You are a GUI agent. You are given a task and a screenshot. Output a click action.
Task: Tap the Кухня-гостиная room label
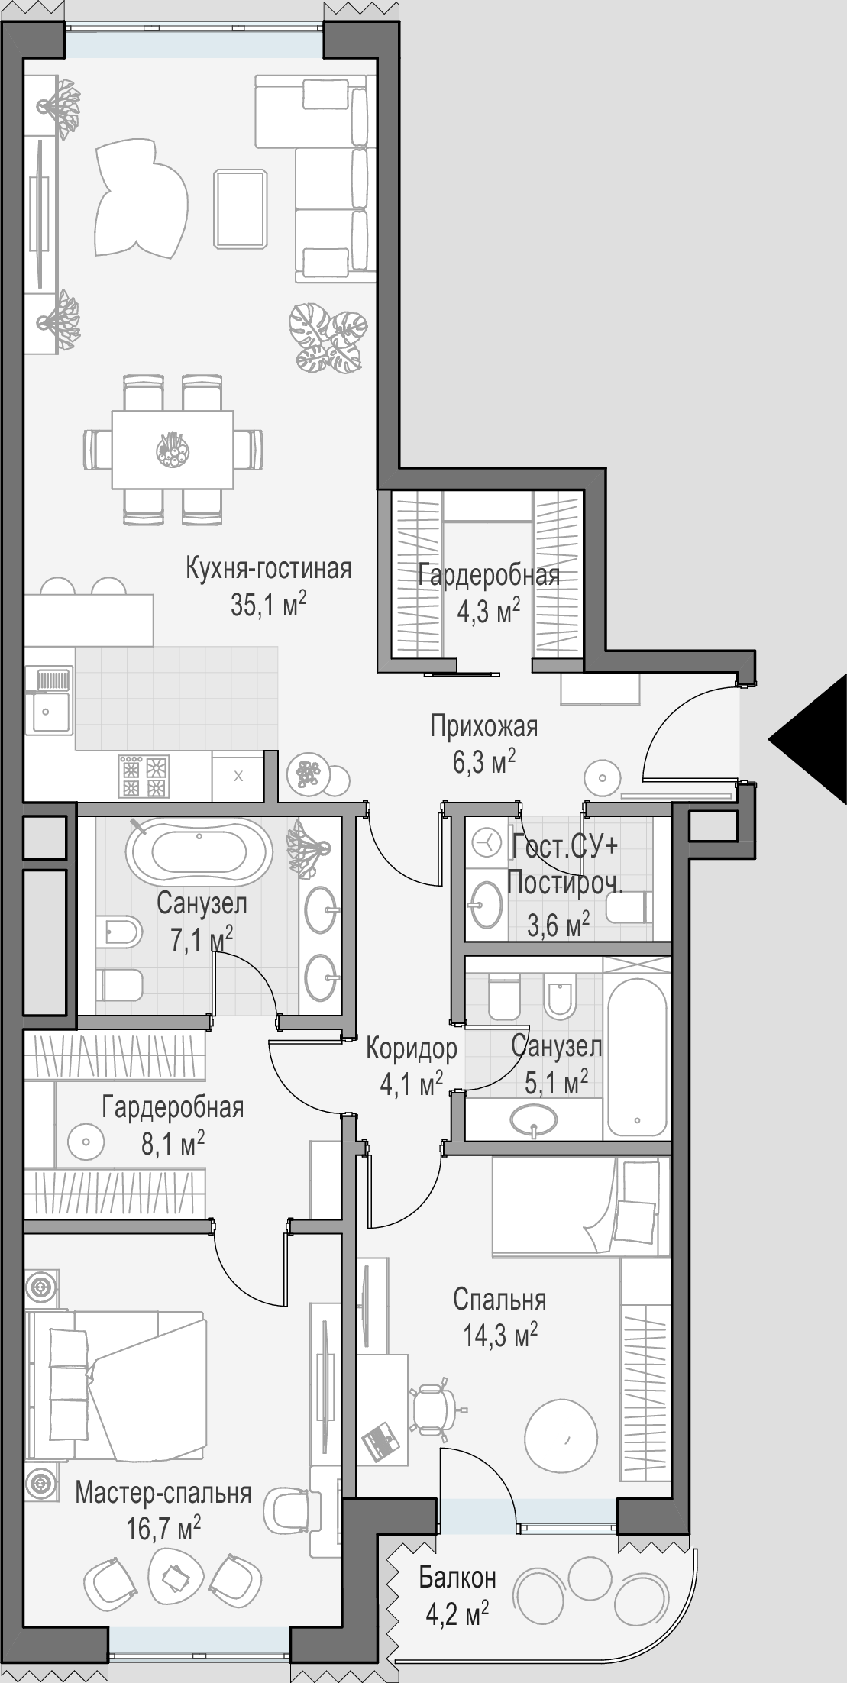coord(269,569)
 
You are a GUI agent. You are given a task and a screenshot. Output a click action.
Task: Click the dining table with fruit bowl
coord(173,450)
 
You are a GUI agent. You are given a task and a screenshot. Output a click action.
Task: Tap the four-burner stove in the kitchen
coord(144,777)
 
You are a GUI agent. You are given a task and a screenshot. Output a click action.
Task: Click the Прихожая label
coord(483,726)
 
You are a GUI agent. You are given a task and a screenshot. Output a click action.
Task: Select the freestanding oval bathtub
coord(199,852)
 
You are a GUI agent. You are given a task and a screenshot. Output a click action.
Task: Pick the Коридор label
coord(412,1048)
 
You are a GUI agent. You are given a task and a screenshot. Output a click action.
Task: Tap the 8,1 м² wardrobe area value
coord(173,1143)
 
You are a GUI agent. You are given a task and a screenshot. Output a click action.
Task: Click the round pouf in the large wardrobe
coord(85,1142)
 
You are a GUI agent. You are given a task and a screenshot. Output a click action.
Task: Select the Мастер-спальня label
coord(163,1493)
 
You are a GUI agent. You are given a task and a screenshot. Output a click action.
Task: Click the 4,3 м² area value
coord(488,610)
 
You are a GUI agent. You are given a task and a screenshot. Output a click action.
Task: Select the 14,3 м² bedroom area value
coord(500,1335)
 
